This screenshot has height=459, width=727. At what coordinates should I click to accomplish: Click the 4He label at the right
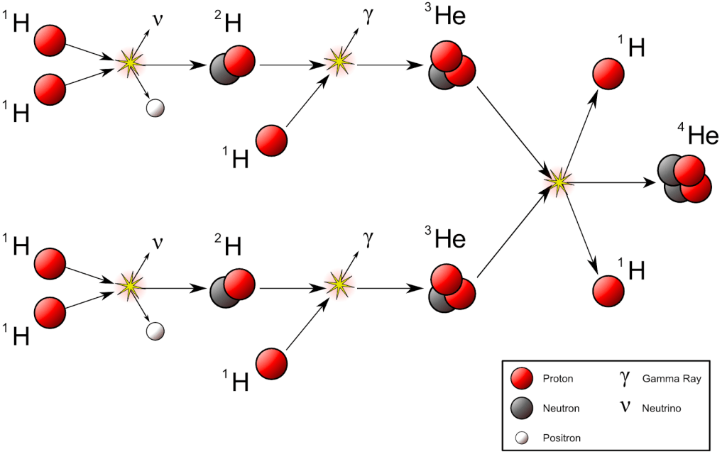699,135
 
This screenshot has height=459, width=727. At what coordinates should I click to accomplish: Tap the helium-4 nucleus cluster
684,179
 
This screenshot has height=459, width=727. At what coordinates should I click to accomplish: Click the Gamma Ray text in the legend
671,379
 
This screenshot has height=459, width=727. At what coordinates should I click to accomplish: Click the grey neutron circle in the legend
522,408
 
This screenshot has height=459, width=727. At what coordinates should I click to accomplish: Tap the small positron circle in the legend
522,438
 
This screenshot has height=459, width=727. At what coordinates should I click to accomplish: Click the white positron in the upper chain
155,108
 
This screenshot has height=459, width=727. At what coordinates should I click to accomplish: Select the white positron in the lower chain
155,331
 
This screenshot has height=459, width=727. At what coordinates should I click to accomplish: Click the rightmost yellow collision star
559,182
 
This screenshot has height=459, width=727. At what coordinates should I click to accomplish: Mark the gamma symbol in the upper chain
368,16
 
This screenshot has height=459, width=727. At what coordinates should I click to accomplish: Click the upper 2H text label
229,24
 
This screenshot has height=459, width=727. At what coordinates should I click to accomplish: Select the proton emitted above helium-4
608,74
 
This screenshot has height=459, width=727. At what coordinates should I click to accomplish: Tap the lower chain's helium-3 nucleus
452,288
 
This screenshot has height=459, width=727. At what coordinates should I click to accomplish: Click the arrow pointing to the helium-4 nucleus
611,182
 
